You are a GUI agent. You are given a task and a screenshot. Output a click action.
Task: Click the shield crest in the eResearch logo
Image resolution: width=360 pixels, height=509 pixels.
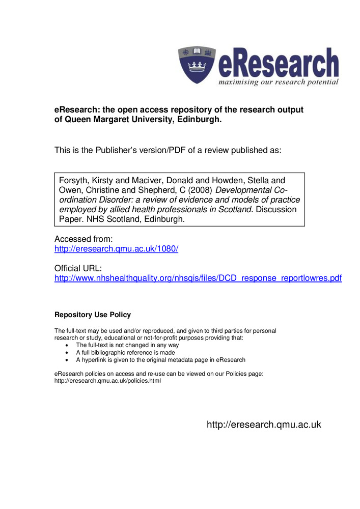click(196, 65)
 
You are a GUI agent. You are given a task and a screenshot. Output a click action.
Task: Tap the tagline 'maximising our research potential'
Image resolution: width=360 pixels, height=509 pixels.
click(278, 82)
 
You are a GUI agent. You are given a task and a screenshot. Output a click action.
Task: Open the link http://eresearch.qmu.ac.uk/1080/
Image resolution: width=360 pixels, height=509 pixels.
click(116, 249)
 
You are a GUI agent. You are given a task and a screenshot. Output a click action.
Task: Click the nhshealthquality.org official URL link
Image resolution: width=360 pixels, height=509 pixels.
click(198, 278)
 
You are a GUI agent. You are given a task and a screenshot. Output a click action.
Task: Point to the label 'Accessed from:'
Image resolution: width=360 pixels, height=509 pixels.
click(83, 239)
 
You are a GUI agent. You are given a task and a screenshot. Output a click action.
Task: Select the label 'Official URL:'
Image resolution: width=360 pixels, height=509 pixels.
click(78, 268)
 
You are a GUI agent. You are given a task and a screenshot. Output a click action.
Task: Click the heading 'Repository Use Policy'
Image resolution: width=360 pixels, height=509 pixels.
click(93, 315)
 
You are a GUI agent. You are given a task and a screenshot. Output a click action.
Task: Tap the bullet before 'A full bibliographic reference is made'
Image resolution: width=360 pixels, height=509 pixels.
click(69, 352)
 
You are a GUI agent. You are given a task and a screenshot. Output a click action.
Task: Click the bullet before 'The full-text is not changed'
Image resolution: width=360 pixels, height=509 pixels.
click(69, 345)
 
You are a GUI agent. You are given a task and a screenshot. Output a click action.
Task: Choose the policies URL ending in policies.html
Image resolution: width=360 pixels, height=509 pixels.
click(107, 381)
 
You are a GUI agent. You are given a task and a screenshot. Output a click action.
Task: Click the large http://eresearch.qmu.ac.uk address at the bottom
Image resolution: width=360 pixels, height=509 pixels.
click(264, 425)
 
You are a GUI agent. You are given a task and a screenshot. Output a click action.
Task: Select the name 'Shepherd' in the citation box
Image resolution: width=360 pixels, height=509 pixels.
click(155, 190)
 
